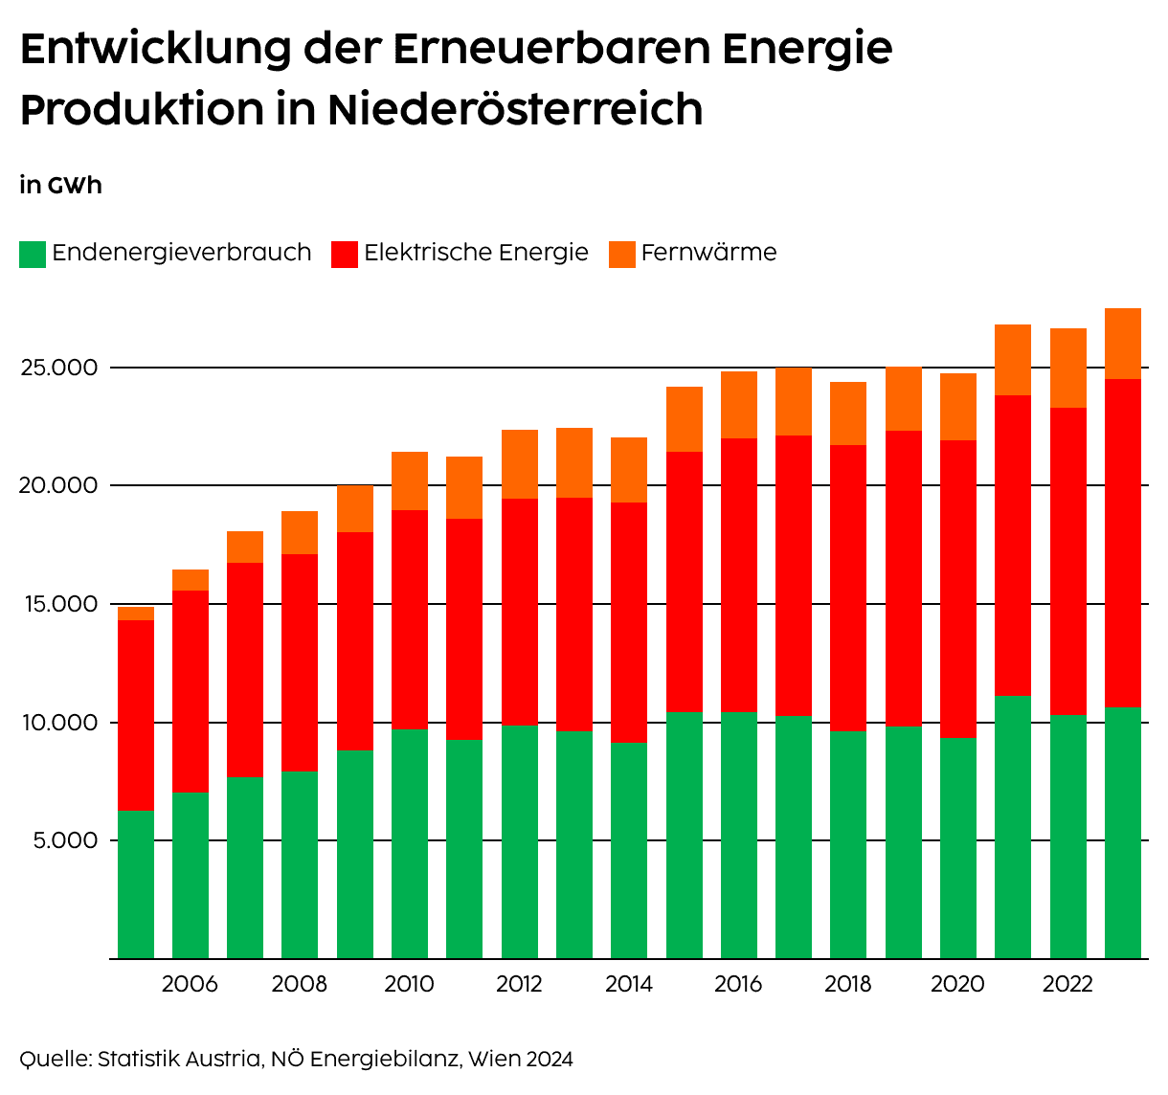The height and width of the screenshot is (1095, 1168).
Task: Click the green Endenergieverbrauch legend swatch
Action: point(33,255)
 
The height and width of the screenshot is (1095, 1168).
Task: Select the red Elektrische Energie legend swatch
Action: point(345,255)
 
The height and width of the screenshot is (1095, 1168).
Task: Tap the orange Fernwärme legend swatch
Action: point(622,255)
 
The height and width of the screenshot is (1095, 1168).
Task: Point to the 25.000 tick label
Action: point(59,368)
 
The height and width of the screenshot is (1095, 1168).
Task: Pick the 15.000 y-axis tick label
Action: point(59,604)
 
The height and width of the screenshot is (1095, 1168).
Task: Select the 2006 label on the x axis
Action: point(190,984)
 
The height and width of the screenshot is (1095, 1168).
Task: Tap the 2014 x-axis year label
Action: point(628,984)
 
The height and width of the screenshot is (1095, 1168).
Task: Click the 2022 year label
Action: point(1067,984)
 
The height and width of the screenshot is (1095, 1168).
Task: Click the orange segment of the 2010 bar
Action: point(410,480)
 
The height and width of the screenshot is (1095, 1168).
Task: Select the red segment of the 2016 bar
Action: point(739,574)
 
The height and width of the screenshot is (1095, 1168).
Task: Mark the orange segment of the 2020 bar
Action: point(958,407)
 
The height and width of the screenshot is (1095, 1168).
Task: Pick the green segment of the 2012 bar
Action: point(520,841)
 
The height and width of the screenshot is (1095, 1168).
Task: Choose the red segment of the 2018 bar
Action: point(848,588)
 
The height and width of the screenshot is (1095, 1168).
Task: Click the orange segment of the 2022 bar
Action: point(1068,368)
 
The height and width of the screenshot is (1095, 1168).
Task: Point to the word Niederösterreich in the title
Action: point(515,109)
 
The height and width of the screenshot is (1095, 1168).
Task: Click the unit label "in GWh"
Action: point(60,185)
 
